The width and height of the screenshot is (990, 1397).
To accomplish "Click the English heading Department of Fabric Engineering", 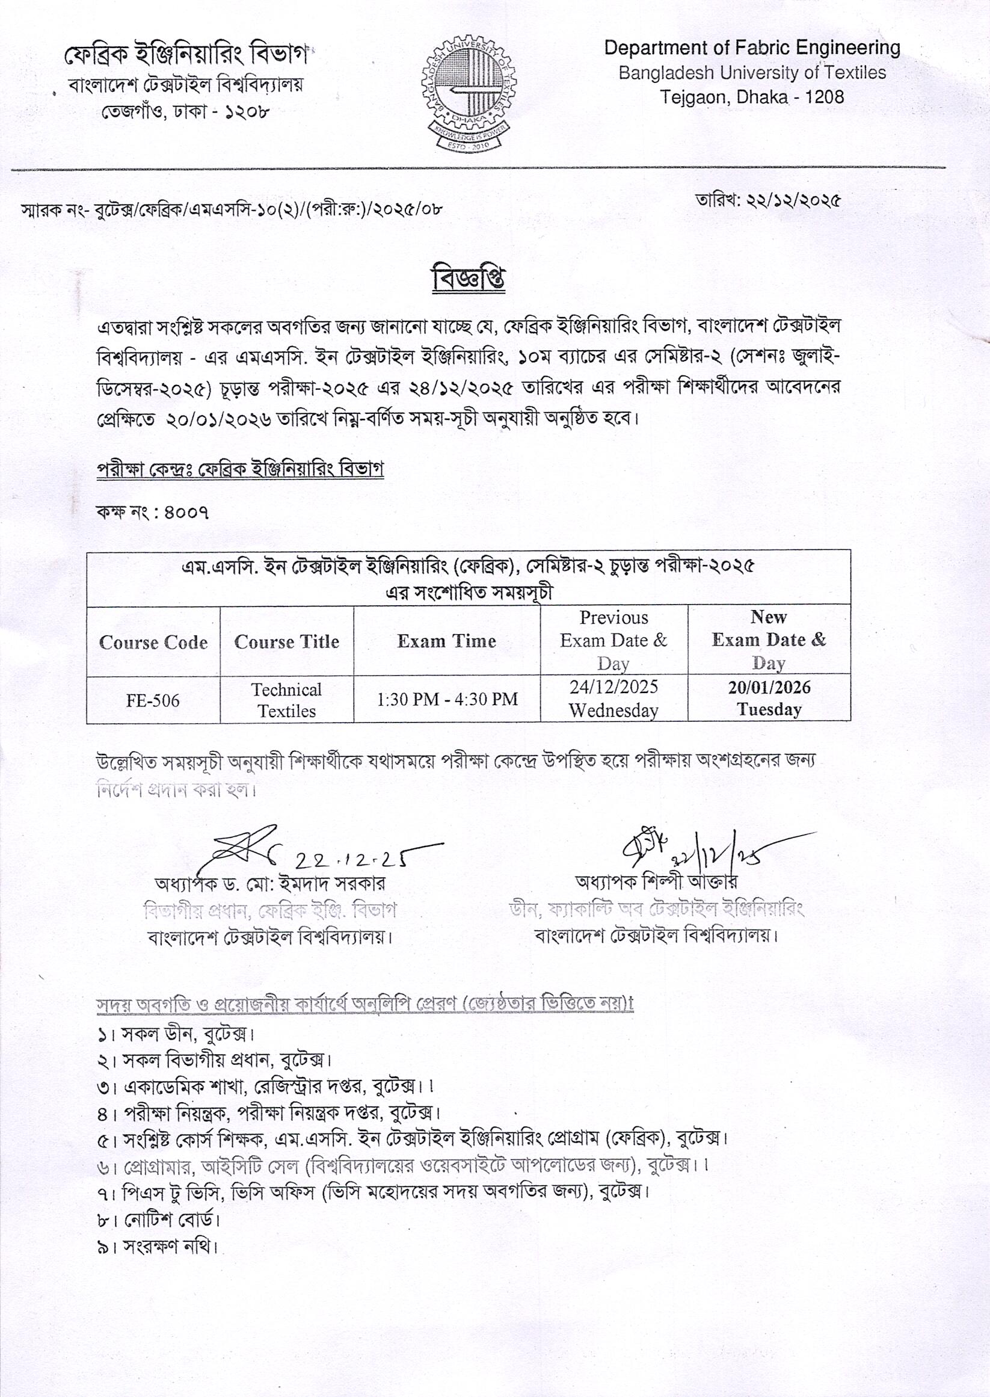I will (x=752, y=48).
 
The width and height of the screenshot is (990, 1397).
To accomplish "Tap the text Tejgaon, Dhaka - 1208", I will (x=752, y=97).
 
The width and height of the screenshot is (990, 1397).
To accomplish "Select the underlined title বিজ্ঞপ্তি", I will (x=468, y=279).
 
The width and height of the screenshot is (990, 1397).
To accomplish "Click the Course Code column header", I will (x=153, y=642).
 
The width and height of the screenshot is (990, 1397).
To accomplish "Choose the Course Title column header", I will (x=286, y=641).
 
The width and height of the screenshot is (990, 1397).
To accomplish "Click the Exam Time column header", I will (x=446, y=641).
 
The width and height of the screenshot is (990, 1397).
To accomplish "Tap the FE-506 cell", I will (x=153, y=700).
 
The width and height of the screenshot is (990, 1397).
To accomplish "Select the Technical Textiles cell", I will (x=286, y=700).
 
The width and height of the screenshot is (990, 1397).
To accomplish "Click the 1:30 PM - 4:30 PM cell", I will (x=447, y=699).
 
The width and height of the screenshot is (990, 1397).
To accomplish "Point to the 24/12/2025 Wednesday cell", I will (x=613, y=699).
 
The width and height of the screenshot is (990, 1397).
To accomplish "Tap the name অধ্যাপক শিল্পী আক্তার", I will (x=657, y=882).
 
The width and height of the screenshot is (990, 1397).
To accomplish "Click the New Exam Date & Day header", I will (x=769, y=640).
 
